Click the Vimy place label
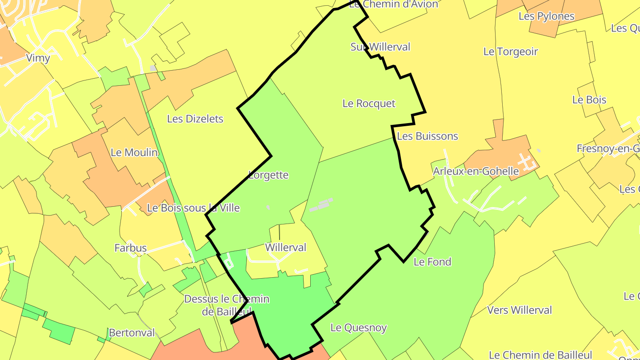tap(38, 58)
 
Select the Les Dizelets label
tap(195, 119)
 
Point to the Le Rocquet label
tap(369, 104)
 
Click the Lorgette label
tap(268, 175)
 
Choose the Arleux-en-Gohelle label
tap(476, 171)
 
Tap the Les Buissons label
tap(428, 136)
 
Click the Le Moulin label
tap(134, 152)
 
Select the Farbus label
tap(131, 248)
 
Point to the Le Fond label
tap(432, 262)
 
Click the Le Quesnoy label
tap(359, 328)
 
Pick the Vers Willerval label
tap(520, 310)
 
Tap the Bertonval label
tap(132, 333)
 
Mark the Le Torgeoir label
tap(511, 52)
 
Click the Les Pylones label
tap(547, 16)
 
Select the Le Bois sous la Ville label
tap(193, 208)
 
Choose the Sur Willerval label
tap(380, 47)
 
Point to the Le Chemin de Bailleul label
tap(541, 355)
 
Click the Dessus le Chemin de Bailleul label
tap(227, 305)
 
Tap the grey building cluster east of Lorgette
tap(321, 205)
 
